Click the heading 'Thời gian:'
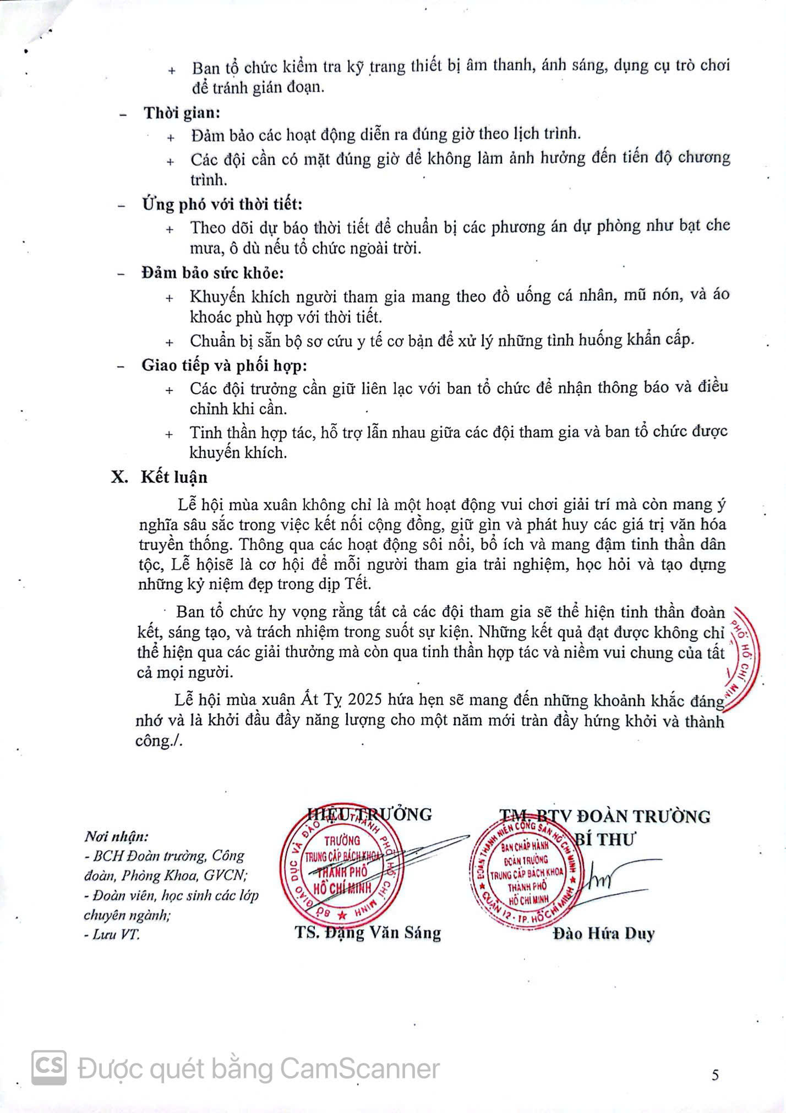[182, 113]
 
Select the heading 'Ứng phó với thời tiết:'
[222, 204]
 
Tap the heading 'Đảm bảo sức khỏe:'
[212, 272]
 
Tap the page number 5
[715, 1075]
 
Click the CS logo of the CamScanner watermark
[49, 1068]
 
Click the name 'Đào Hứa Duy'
[604, 933]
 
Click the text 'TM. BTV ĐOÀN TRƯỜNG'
[604, 816]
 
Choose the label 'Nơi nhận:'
[116, 837]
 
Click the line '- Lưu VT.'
[112, 934]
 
